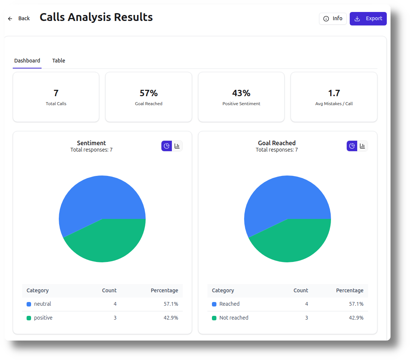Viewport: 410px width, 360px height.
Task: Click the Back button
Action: coord(19,18)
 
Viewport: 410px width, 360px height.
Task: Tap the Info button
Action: coord(332,18)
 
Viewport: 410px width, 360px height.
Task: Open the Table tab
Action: coord(58,61)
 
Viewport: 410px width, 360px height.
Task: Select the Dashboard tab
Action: coord(27,61)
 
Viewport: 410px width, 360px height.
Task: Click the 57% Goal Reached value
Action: coord(148,93)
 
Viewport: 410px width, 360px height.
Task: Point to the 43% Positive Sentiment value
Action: coord(241,93)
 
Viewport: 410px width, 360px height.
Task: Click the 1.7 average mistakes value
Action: coord(334,93)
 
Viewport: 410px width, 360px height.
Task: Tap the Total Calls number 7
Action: coord(56,93)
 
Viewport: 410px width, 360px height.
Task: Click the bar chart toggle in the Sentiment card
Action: coord(177,146)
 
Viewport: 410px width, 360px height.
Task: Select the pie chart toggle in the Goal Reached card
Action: coord(352,146)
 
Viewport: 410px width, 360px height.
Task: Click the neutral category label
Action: coord(42,304)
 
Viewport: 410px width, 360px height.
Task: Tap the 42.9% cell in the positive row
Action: coord(171,318)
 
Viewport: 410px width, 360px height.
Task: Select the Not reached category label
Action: coord(234,318)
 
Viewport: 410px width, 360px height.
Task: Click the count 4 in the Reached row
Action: coord(306,304)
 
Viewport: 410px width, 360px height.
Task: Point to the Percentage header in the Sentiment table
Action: coord(164,290)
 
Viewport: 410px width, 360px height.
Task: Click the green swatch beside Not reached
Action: coord(214,318)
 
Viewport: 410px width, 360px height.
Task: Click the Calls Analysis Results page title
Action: coord(96,17)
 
